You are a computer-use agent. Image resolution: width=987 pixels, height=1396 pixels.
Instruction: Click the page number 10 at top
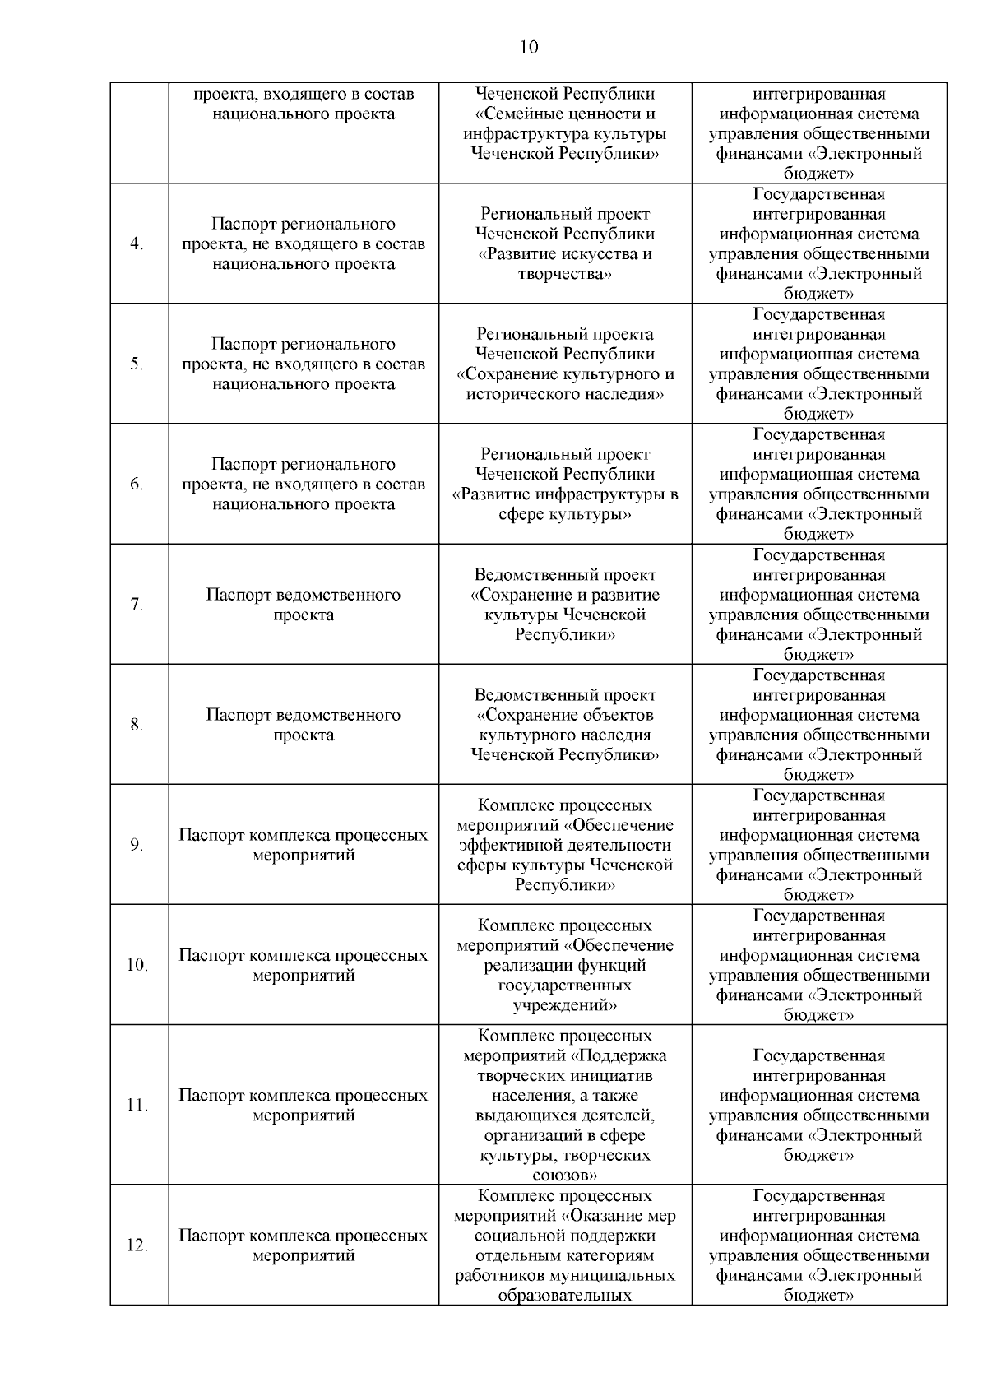[529, 48]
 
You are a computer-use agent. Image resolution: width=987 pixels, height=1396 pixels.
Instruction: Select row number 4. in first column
[138, 244]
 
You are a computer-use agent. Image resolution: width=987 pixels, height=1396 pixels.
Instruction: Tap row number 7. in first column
[137, 605]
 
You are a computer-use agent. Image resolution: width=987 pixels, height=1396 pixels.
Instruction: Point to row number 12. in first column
[137, 1246]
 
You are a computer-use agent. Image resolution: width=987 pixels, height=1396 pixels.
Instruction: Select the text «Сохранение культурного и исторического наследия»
[565, 384]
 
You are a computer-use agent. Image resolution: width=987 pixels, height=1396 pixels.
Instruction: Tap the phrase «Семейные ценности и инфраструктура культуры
[565, 124]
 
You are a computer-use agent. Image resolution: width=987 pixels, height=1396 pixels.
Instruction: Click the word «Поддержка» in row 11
[623, 1056]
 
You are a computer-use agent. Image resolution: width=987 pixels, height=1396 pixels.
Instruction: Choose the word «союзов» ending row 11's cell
[564, 1176]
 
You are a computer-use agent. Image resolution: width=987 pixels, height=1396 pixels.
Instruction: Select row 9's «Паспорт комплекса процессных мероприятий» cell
[304, 845]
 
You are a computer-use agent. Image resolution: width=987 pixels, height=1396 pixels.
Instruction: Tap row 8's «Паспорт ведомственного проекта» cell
[304, 725]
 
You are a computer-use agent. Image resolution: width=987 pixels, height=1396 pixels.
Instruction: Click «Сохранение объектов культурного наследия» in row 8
[565, 725]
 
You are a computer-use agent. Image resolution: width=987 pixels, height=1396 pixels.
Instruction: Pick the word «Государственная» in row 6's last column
[818, 435]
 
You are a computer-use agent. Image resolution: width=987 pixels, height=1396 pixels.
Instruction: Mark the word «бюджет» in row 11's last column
[818, 1156]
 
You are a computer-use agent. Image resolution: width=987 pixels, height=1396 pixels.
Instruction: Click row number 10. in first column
[137, 966]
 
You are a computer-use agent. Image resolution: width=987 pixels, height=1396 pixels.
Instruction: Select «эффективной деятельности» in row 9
[565, 846]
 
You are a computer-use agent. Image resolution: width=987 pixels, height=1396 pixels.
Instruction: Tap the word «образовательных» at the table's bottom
[565, 1296]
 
